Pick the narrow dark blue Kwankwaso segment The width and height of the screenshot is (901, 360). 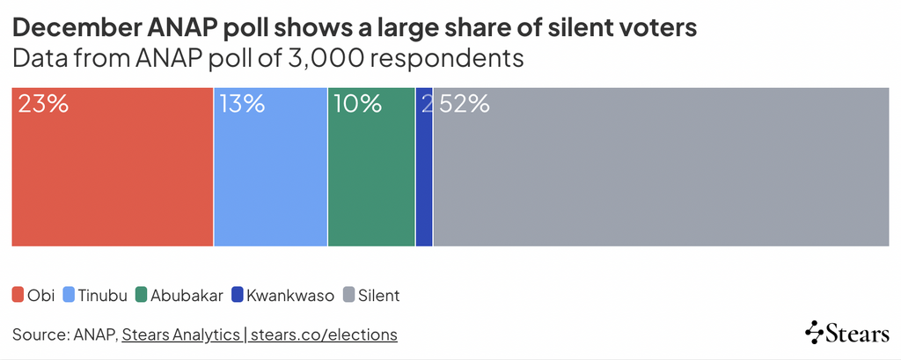pos(424,176)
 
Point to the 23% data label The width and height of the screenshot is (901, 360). pos(43,104)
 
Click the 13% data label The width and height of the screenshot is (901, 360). pos(242,104)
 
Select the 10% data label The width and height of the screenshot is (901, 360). pos(357,104)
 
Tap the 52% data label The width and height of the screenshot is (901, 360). pos(464,104)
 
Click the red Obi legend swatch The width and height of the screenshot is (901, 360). pos(18,295)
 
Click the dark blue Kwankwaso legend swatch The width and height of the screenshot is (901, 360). pos(238,295)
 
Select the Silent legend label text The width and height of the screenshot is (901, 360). pos(378,296)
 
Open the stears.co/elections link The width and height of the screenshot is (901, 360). pos(325,334)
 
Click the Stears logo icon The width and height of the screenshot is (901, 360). pos(815,332)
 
